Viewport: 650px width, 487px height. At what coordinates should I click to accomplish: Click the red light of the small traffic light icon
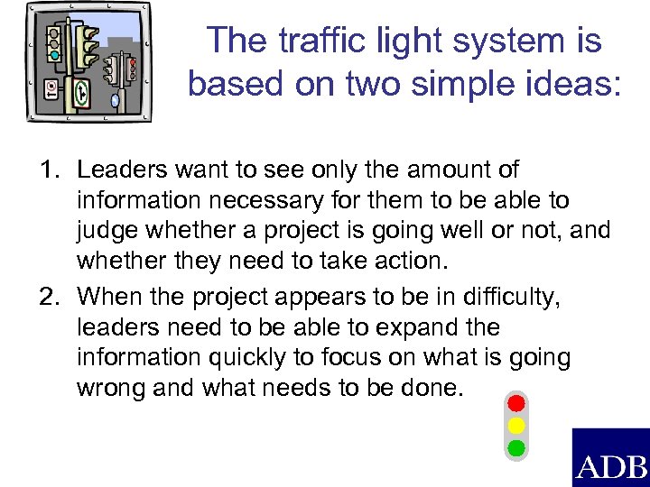(516, 401)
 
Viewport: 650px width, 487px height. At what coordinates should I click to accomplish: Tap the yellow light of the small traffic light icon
(516, 424)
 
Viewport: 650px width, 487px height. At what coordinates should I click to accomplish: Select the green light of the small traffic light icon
(516, 446)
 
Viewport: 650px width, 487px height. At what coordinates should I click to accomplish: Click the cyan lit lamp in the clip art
(54, 55)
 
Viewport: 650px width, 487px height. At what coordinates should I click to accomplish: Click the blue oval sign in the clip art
(115, 101)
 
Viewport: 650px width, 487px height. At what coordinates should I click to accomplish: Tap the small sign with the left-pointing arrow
(51, 88)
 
